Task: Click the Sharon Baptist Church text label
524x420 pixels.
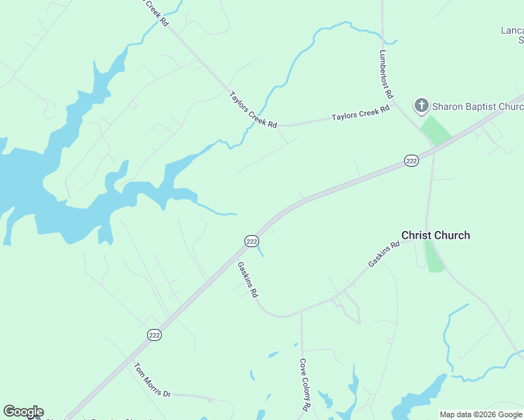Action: point(478,106)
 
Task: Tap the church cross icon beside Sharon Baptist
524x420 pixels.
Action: point(421,106)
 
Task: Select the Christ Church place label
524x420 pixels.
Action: point(435,235)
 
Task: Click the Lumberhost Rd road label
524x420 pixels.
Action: point(387,73)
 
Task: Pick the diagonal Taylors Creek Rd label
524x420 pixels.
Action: point(253,109)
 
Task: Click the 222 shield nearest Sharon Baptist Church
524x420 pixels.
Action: point(411,161)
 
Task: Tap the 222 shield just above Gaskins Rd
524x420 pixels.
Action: point(251,241)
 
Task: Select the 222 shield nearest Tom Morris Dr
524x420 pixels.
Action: point(155,335)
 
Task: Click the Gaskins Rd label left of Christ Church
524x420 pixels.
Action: point(384,254)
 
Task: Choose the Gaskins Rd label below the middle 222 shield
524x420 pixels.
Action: point(248,280)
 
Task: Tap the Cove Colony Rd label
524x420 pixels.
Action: point(305,384)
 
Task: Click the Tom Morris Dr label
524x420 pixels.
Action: point(152,379)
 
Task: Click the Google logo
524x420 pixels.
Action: point(23,412)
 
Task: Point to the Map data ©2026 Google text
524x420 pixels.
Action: point(481,414)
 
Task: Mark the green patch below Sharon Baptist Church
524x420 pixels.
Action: point(436,131)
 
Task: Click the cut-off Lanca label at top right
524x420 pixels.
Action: point(512,31)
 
